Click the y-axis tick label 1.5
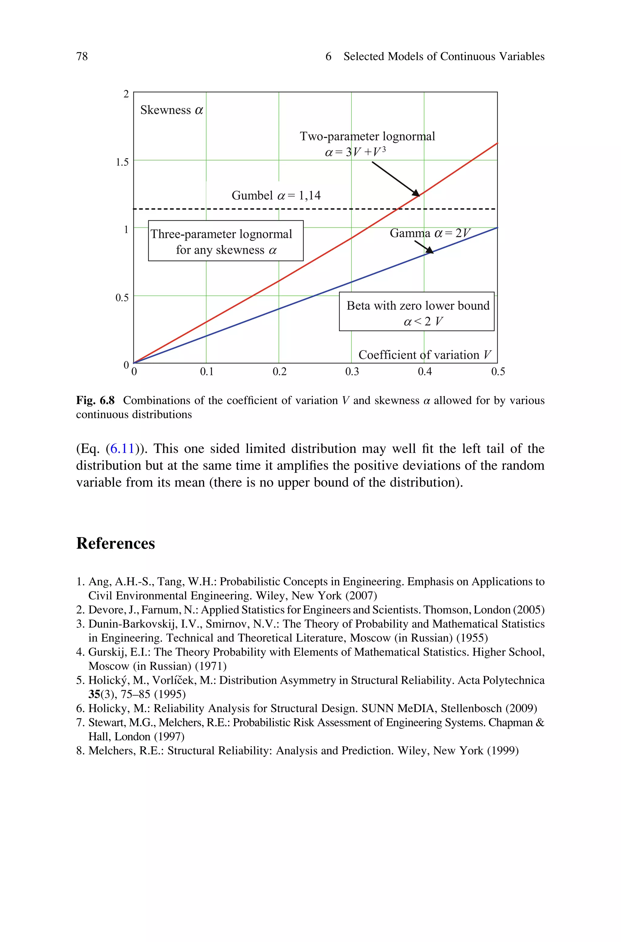(x=122, y=162)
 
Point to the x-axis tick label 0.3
(x=352, y=372)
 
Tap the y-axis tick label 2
(x=126, y=94)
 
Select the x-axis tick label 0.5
(x=498, y=372)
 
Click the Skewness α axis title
(x=172, y=110)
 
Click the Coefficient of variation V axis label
(x=425, y=355)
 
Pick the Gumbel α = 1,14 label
(x=276, y=195)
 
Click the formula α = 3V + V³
(x=355, y=152)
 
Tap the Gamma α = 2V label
(x=430, y=233)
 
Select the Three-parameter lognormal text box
(x=226, y=241)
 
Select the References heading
(x=116, y=543)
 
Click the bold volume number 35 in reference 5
(x=94, y=694)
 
